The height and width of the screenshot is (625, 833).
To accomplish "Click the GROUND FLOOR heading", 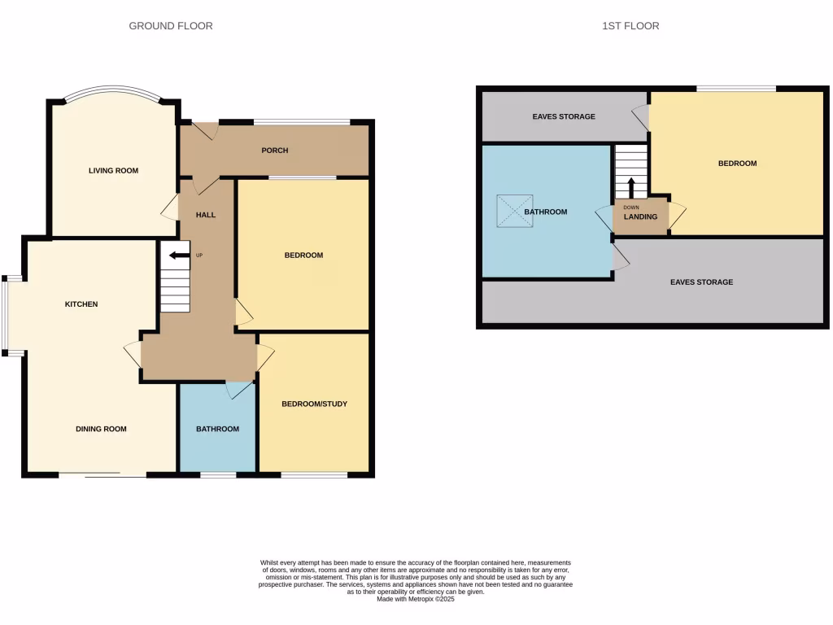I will click(171, 26).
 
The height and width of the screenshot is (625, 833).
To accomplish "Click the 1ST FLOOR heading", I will click(630, 26).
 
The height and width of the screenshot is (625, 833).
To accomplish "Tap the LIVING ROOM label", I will click(113, 171).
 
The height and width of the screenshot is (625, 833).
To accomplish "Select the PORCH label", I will click(275, 151).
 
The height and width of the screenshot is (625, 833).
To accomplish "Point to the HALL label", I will click(206, 215).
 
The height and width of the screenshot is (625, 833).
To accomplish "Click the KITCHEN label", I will click(81, 304).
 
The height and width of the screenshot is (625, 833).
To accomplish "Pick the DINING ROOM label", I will click(101, 429).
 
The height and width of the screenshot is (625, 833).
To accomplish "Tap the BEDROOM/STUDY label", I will click(314, 404).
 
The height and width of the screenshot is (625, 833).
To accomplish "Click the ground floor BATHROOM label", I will click(217, 429).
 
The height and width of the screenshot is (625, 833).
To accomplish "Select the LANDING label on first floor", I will click(640, 217).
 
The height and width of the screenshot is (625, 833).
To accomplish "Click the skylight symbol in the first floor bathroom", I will click(514, 211).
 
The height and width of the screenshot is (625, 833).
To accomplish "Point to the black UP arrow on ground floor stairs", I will click(178, 256).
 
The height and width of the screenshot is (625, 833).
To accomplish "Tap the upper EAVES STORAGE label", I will click(564, 116).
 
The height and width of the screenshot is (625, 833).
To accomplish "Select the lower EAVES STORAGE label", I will click(701, 282).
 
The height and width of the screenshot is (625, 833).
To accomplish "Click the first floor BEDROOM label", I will click(737, 164).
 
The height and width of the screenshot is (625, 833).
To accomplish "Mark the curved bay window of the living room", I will click(113, 91).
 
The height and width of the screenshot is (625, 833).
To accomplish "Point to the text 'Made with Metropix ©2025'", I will click(415, 600).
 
